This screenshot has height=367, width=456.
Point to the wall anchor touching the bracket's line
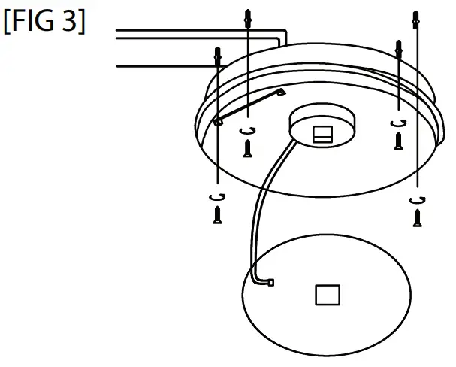pos(218,56)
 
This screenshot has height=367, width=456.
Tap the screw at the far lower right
pos(417,218)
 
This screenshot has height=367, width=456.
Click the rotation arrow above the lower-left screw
pos(218,196)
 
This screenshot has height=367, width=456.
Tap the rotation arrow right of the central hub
pos(398,123)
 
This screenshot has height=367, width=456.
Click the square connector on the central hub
pos(321,134)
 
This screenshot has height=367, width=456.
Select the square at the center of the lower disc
pos(326,295)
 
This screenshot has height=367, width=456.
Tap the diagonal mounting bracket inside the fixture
pos(248,106)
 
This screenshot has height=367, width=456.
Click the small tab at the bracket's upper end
pos(282,92)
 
